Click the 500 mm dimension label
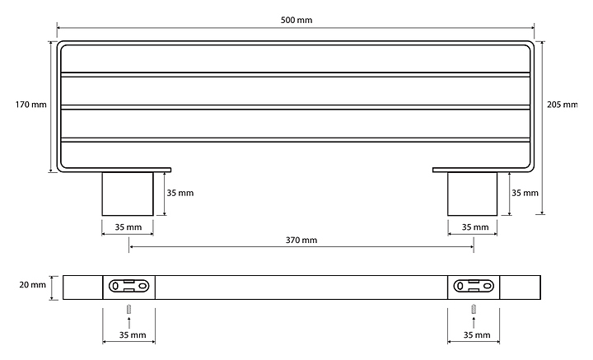[x=296, y=20]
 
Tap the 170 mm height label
[x=31, y=105]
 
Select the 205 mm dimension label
[x=563, y=105]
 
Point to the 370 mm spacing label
[x=301, y=241]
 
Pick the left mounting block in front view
[x=128, y=194]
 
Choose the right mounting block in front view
[x=473, y=194]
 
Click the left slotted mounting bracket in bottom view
[x=128, y=287]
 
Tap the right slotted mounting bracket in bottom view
[x=474, y=287]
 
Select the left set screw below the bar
[x=128, y=310]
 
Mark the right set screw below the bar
[x=474, y=310]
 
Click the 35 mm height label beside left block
[x=180, y=194]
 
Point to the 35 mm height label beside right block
[x=525, y=194]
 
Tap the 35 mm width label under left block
[x=128, y=227]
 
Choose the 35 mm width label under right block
[x=474, y=227]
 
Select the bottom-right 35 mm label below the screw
[x=477, y=335]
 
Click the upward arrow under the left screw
[x=128, y=322]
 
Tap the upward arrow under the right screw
[x=474, y=322]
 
